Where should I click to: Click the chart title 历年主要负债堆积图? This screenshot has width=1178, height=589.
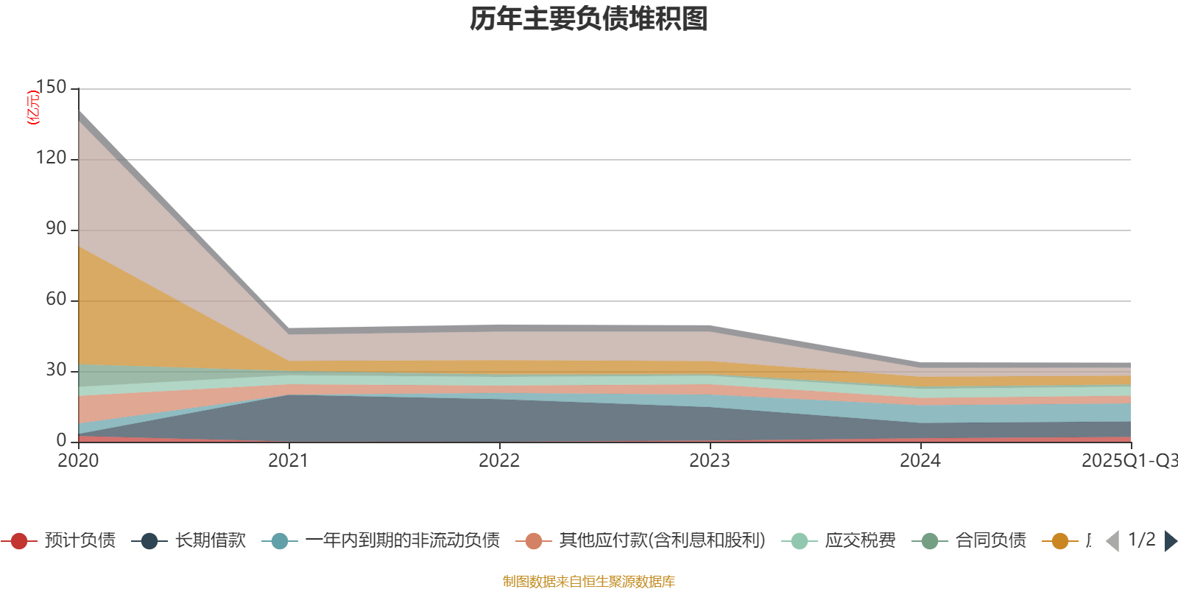pyautogui.click(x=589, y=19)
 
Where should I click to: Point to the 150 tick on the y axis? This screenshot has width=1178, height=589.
pyautogui.click(x=51, y=88)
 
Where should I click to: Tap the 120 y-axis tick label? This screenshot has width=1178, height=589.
pyautogui.click(x=51, y=158)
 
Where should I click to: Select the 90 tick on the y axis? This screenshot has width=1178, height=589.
pyautogui.click(x=56, y=229)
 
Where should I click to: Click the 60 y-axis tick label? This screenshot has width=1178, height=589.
pyautogui.click(x=56, y=300)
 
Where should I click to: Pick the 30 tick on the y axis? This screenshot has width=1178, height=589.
pyautogui.click(x=56, y=370)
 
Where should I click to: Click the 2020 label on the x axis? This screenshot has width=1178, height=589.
pyautogui.click(x=78, y=461)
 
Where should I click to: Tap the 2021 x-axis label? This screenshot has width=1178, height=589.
pyautogui.click(x=289, y=461)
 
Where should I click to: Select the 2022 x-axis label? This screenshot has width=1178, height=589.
pyautogui.click(x=499, y=461)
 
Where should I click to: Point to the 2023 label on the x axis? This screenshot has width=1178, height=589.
pyautogui.click(x=710, y=461)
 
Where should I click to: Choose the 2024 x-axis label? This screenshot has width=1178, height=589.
pyautogui.click(x=920, y=461)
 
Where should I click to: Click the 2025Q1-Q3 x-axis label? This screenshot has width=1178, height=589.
pyautogui.click(x=1129, y=461)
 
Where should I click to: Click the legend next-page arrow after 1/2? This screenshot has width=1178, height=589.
pyautogui.click(x=1170, y=541)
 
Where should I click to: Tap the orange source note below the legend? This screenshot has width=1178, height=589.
pyautogui.click(x=589, y=582)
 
